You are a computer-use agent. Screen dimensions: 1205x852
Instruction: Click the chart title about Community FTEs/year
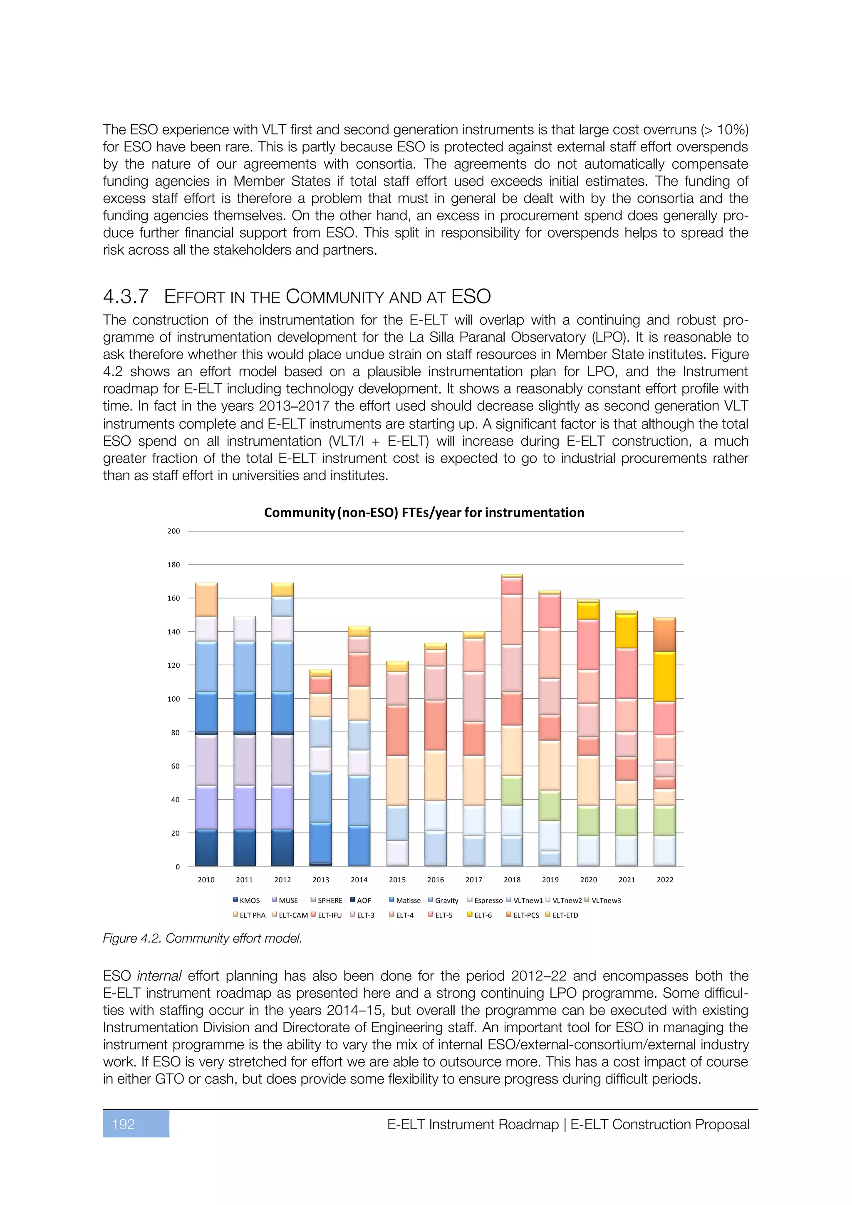pyautogui.click(x=424, y=512)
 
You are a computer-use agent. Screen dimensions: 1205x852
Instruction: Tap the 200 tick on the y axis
pyautogui.click(x=173, y=531)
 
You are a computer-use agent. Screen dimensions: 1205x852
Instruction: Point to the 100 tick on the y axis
pyautogui.click(x=173, y=699)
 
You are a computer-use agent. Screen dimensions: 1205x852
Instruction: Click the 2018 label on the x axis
pyautogui.click(x=512, y=880)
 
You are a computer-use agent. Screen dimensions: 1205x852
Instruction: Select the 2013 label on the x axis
pyautogui.click(x=321, y=880)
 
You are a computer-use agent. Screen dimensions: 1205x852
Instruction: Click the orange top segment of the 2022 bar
pyautogui.click(x=665, y=635)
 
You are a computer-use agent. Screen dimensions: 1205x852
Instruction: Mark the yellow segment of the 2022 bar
pyautogui.click(x=665, y=677)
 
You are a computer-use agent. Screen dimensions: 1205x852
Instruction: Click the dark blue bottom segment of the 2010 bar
pyautogui.click(x=206, y=848)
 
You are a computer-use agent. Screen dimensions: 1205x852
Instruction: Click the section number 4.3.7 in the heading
pyautogui.click(x=126, y=297)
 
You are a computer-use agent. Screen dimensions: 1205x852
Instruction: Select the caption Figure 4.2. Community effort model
pyautogui.click(x=203, y=938)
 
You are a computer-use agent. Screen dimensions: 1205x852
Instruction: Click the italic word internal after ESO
pyautogui.click(x=159, y=976)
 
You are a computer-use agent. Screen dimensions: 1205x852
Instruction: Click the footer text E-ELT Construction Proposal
pyautogui.click(x=660, y=1124)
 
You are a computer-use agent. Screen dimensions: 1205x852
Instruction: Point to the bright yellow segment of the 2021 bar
pyautogui.click(x=627, y=631)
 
